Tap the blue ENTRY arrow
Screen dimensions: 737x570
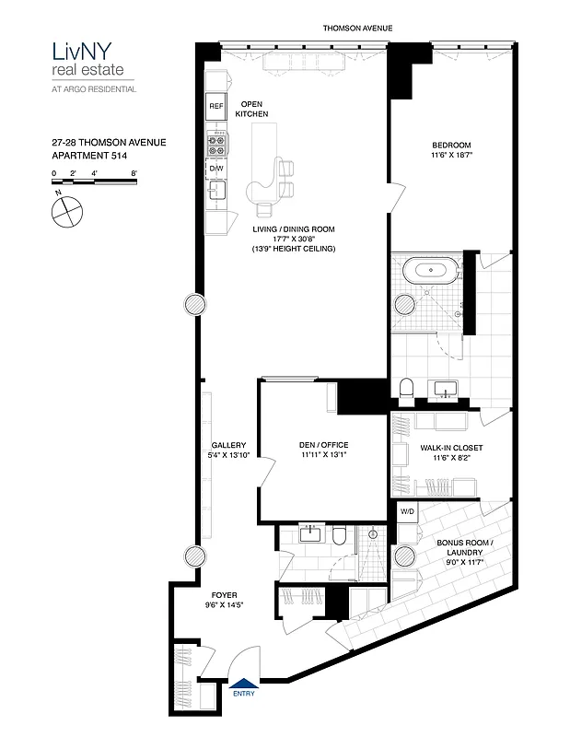(x=243, y=682)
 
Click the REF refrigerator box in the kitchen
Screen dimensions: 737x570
(x=216, y=107)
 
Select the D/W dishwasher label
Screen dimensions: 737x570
(x=216, y=169)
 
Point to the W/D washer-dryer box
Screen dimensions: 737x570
(x=406, y=511)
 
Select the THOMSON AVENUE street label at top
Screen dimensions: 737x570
(x=357, y=29)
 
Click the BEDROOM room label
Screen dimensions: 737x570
(x=451, y=145)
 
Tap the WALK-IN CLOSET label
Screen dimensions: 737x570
(x=451, y=448)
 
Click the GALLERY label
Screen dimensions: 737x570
(x=227, y=444)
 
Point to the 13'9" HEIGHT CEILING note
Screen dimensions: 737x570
(x=292, y=250)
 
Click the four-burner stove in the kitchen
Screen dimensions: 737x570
(x=216, y=144)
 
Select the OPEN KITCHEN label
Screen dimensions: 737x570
(x=251, y=109)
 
